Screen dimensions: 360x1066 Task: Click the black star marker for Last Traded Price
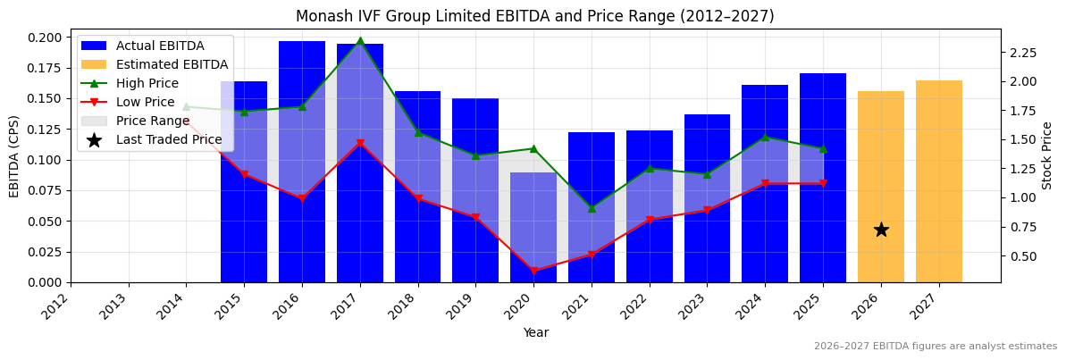881,230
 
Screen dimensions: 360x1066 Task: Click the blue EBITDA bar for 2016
302,161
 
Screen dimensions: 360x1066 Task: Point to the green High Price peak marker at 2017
360,41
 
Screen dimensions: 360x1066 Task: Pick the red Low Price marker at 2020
533,271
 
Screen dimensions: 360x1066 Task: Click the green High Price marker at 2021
592,208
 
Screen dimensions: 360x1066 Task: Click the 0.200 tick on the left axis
45,38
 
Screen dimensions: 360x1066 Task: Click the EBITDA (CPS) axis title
14,156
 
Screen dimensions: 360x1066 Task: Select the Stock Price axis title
1047,155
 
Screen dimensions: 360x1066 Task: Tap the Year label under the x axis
536,333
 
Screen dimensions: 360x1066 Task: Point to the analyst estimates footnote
935,347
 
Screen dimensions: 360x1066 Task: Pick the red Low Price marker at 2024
765,184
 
